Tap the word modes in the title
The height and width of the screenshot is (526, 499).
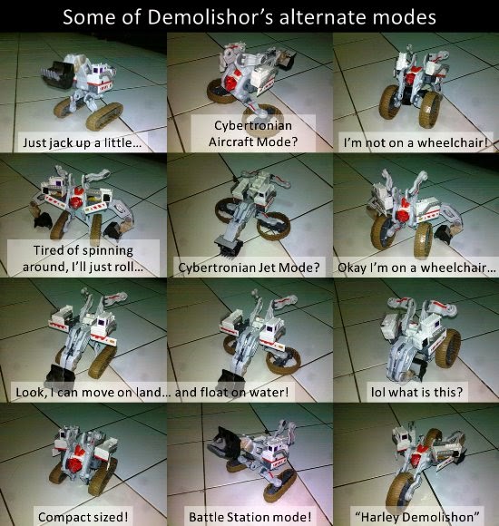[400, 17]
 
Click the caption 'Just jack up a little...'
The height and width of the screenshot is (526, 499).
[82, 143]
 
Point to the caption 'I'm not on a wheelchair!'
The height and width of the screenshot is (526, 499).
[416, 143]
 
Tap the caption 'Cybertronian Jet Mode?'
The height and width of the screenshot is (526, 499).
[249, 268]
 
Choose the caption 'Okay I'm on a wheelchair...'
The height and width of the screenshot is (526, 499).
[416, 268]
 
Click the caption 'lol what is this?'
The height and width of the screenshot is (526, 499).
[416, 392]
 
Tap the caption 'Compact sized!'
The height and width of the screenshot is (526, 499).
[83, 517]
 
